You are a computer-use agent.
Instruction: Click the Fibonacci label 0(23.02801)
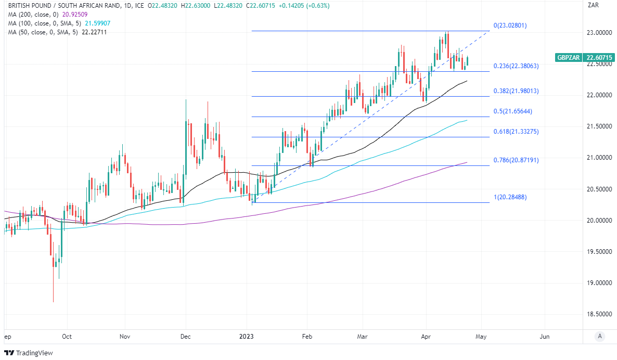click(x=510, y=25)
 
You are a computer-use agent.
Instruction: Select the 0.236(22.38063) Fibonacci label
click(x=516, y=66)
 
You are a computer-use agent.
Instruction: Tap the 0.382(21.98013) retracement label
click(x=516, y=91)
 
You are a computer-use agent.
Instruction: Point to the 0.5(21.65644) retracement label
click(x=513, y=111)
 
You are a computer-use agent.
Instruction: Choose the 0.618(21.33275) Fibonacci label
click(x=516, y=132)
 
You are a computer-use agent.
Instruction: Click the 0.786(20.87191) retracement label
click(x=516, y=160)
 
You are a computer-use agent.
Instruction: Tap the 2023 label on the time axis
click(x=247, y=337)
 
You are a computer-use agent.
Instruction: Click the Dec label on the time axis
click(x=185, y=337)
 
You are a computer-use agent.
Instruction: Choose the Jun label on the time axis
click(x=545, y=337)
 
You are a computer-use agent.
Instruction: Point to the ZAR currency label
click(x=592, y=5)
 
